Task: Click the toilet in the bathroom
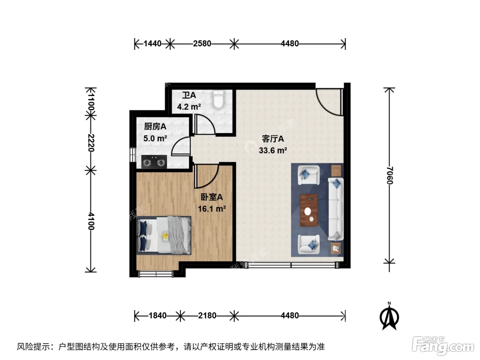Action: [x=218, y=99]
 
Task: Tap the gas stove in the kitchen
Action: [x=154, y=162]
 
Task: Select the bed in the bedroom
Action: [x=164, y=236]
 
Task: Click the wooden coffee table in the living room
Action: [x=309, y=210]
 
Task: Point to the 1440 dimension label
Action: [x=153, y=44]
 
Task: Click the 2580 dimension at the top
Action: [x=202, y=44]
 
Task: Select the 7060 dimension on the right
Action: [x=389, y=175]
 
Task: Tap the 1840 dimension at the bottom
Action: [x=157, y=316]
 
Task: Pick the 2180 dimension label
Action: [x=207, y=316]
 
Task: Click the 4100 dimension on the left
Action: [x=91, y=221]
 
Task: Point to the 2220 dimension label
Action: [x=91, y=143]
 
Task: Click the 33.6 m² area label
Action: [x=273, y=151]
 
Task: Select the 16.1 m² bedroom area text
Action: [x=212, y=209]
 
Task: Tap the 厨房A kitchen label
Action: [x=155, y=127]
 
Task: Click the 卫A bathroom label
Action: [x=189, y=95]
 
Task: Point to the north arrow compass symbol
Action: [x=389, y=316]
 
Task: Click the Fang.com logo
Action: [x=443, y=346]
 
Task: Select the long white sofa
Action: [x=336, y=209]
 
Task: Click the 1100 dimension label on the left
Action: [x=91, y=102]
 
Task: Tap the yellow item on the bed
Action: [x=165, y=237]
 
